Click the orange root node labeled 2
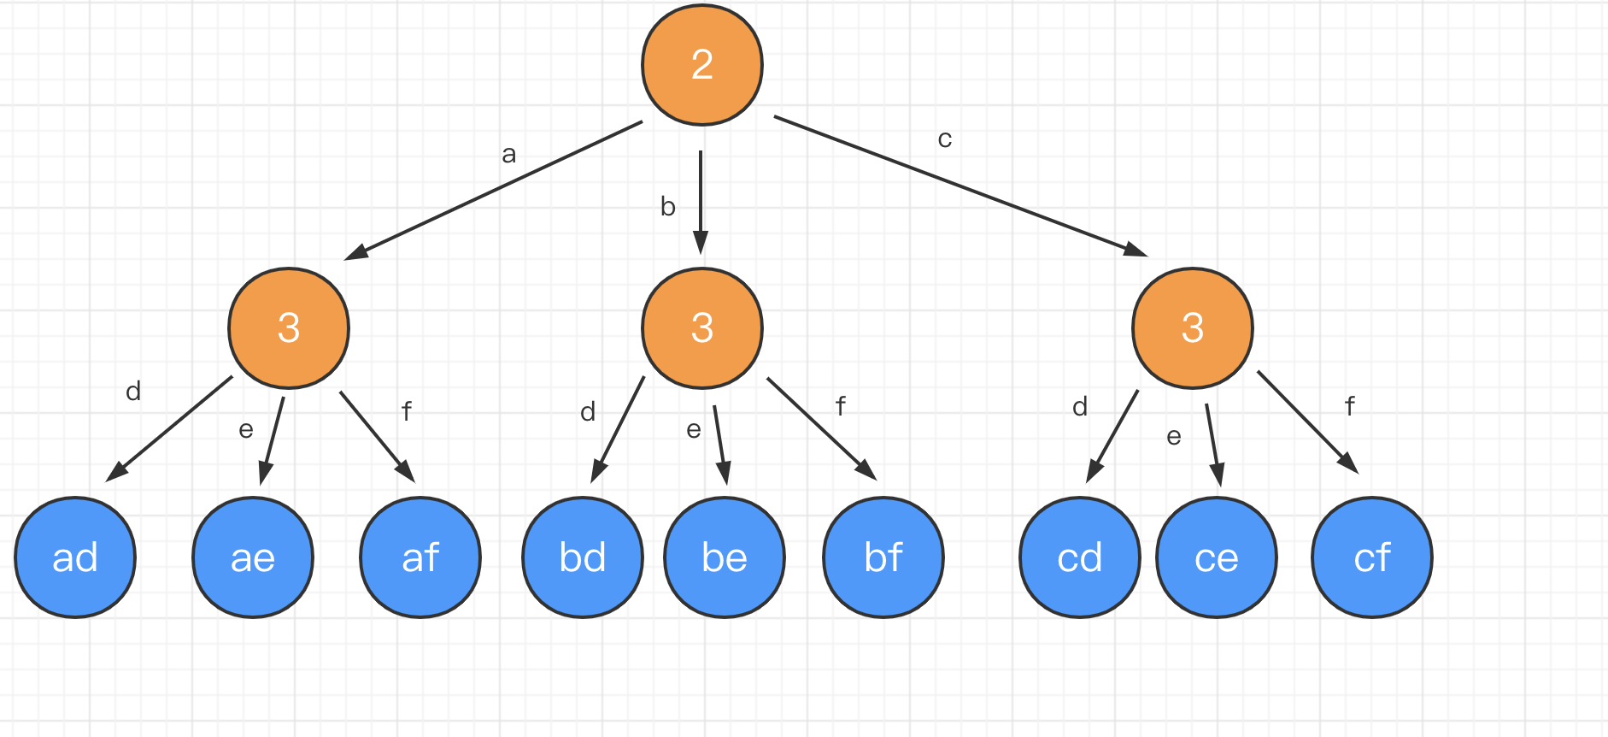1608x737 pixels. pyautogui.click(x=702, y=65)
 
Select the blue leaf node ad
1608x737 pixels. pyautogui.click(x=75, y=557)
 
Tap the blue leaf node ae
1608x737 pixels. pyautogui.click(x=253, y=557)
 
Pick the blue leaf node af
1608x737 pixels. pyautogui.click(x=420, y=557)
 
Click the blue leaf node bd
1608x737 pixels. pyautogui.click(x=583, y=557)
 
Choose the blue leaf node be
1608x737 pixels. pyautogui.click(x=725, y=557)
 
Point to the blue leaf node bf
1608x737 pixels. pyautogui.click(x=883, y=557)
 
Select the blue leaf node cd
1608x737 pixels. pyautogui.click(x=1080, y=557)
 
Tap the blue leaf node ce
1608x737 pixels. pyautogui.click(x=1217, y=557)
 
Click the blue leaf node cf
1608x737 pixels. pyautogui.click(x=1372, y=557)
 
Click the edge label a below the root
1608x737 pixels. pyautogui.click(x=509, y=155)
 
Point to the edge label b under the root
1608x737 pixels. pyautogui.click(x=668, y=207)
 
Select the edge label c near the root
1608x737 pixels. pyautogui.click(x=944, y=139)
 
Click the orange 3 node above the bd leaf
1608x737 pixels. pyautogui.click(x=702, y=328)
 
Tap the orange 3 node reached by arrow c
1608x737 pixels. pyautogui.click(x=1193, y=328)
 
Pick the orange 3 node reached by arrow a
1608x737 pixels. pyautogui.click(x=289, y=328)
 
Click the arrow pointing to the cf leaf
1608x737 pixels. pyautogui.click(x=1307, y=422)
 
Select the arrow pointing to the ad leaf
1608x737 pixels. pyautogui.click(x=169, y=428)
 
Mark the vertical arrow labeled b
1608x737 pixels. pyautogui.click(x=701, y=202)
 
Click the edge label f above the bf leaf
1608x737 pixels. pyautogui.click(x=841, y=406)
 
